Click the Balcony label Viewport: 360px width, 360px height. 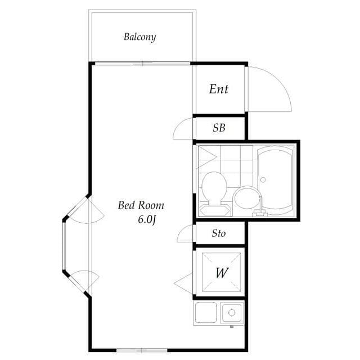click(x=139, y=38)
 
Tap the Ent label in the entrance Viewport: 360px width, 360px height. click(x=219, y=89)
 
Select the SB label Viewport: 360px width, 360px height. click(x=219, y=128)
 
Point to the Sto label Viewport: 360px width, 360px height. click(x=219, y=233)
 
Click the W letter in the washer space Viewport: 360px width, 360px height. click(x=222, y=273)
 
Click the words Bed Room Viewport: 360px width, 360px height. click(x=141, y=205)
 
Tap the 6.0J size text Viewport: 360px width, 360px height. click(x=146, y=219)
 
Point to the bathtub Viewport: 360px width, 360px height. click(x=276, y=179)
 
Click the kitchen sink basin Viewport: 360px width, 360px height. click(x=206, y=312)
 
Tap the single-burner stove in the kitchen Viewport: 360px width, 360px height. click(x=232, y=312)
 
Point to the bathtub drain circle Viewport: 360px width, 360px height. click(x=262, y=180)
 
